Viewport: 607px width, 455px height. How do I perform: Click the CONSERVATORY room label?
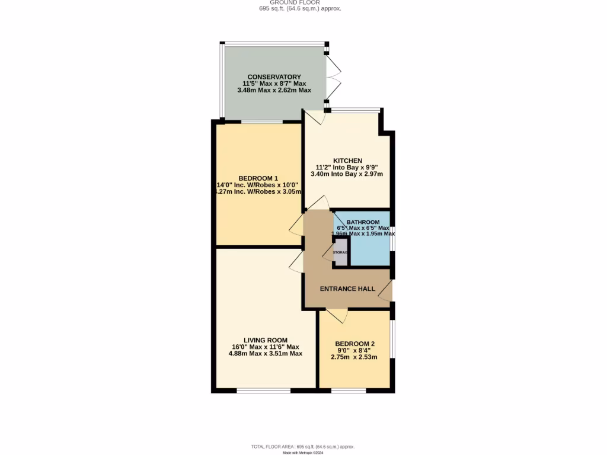(274, 77)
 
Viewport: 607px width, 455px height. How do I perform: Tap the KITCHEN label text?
(347, 161)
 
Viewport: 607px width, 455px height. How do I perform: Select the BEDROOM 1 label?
(258, 178)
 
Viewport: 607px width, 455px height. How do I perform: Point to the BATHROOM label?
(363, 222)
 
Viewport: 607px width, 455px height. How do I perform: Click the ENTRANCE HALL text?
(347, 289)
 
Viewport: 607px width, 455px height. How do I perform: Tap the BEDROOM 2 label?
(354, 344)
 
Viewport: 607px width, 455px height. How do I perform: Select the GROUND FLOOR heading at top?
(303, 2)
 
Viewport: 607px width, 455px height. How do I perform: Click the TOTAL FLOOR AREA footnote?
(303, 446)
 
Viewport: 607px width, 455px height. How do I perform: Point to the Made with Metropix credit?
(303, 453)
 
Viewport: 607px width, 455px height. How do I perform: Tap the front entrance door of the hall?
(386, 290)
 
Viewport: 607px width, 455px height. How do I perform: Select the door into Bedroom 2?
(336, 315)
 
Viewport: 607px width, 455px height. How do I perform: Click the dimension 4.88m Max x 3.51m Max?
(265, 354)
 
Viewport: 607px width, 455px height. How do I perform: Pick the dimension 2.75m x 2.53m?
(354, 357)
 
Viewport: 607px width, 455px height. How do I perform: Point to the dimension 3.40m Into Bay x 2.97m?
(347, 174)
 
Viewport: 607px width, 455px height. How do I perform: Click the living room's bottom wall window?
(263, 390)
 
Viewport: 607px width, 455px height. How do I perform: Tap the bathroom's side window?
(392, 237)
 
